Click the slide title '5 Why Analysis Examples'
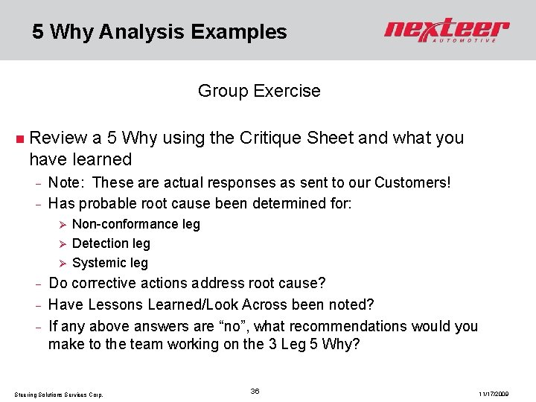coord(159,32)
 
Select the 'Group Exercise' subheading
coord(259,92)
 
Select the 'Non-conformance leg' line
coord(136,224)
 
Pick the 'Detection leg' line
coord(111,243)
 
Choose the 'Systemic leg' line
coord(110,263)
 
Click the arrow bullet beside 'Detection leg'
coord(64,243)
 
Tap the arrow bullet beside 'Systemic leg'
coord(64,263)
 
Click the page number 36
coord(255,391)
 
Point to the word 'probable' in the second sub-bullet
coord(103,203)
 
